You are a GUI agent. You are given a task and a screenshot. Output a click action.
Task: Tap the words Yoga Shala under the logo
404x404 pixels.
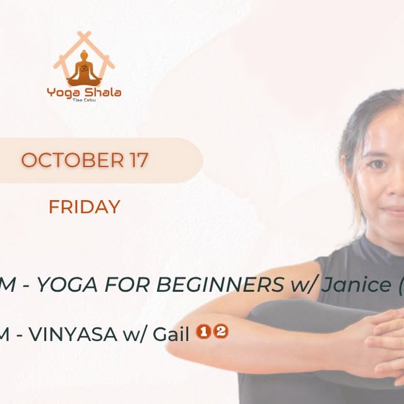(84, 93)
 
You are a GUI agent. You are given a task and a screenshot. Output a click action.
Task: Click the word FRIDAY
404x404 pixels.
(84, 207)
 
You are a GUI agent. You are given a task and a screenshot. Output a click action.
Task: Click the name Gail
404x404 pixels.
(173, 334)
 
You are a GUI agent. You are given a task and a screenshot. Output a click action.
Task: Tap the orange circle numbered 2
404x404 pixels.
(220, 332)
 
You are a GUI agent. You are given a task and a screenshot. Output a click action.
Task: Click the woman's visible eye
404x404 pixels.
(376, 164)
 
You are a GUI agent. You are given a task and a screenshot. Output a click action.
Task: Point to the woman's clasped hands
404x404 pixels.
(379, 341)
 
